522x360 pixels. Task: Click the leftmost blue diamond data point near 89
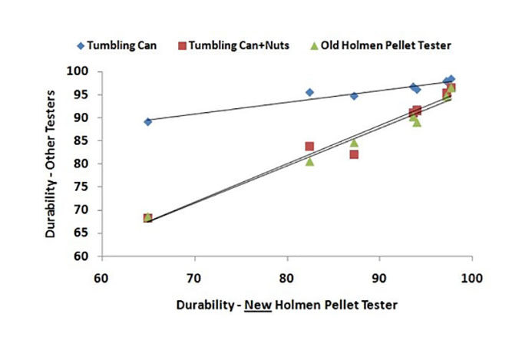[148, 121]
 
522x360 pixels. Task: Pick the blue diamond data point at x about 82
[309, 92]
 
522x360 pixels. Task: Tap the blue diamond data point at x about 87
[354, 96]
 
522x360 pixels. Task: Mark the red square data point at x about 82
[309, 147]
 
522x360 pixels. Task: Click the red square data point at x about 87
[354, 154]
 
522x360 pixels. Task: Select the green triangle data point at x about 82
[309, 161]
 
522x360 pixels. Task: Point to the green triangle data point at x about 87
[354, 143]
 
